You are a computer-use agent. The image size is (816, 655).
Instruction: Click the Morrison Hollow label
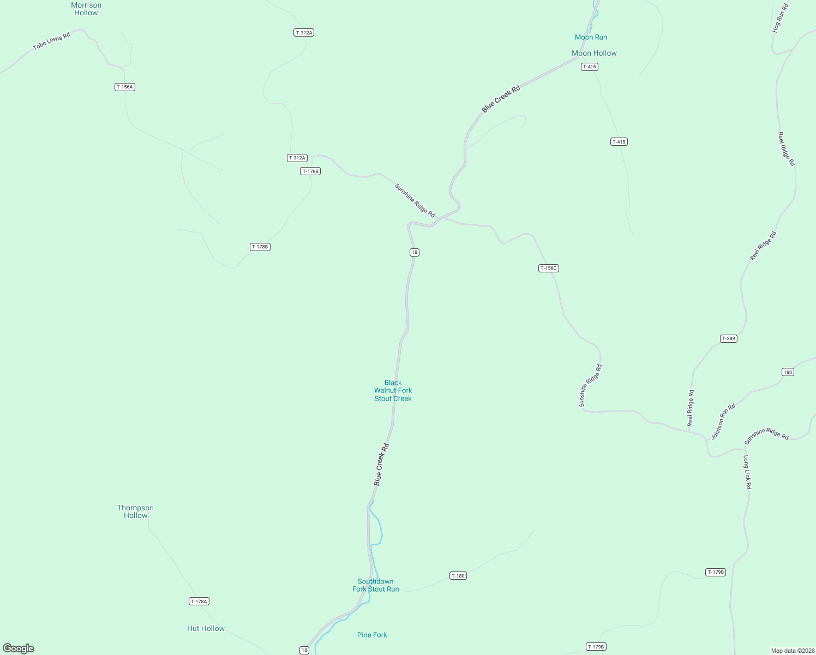point(86,9)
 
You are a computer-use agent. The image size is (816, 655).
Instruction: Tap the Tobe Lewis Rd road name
point(52,41)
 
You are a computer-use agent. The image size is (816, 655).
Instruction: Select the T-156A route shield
point(125,87)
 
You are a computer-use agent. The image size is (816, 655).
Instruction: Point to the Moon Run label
point(591,37)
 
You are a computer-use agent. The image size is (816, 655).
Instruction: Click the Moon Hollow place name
point(594,53)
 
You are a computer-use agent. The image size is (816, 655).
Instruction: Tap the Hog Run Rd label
point(781,19)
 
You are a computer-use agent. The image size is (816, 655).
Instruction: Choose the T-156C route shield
point(549,268)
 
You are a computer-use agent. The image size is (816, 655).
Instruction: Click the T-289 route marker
point(729,338)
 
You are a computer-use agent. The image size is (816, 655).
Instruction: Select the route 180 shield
point(788,372)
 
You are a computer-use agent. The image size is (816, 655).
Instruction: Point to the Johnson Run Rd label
point(723,421)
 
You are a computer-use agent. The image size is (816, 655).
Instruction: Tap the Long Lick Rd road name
point(747,472)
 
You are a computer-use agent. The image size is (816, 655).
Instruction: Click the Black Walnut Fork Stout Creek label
point(393,391)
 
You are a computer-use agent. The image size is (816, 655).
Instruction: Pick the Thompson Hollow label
point(135,511)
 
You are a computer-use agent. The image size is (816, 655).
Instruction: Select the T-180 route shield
point(458,576)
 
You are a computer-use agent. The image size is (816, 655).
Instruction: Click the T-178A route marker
point(199,602)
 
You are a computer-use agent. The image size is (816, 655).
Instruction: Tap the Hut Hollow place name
point(206,628)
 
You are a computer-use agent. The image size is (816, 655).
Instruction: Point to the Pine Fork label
point(372,635)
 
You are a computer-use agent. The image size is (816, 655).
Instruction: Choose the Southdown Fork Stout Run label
point(376,585)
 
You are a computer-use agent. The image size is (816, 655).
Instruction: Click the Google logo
point(19,648)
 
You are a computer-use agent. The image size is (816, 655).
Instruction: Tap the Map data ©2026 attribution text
point(793,651)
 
